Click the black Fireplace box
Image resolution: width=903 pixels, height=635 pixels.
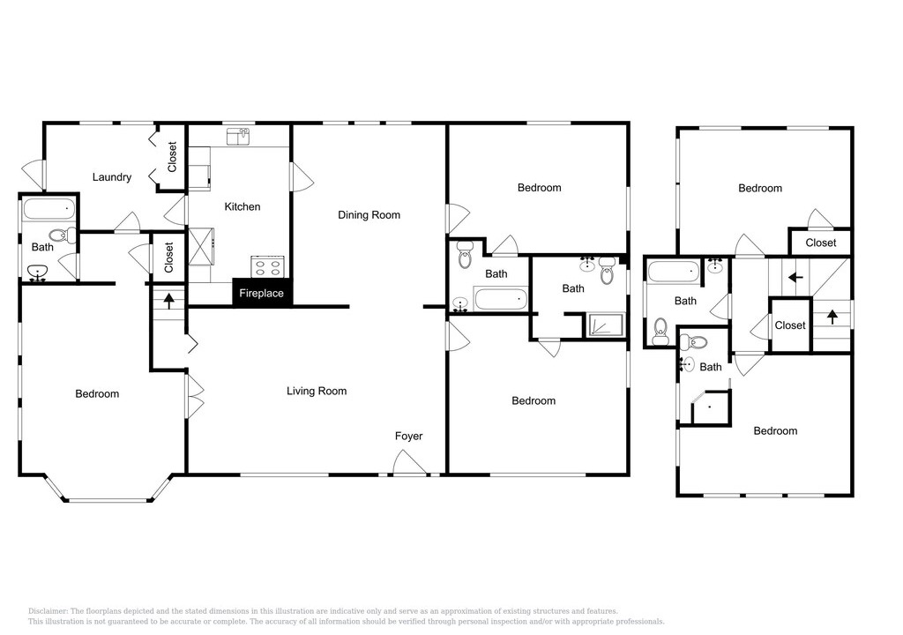coord(262,293)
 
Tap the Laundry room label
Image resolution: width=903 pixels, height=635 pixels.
coord(112,177)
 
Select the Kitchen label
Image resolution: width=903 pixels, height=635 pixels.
coord(242,206)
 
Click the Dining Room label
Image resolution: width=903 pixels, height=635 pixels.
coord(369,215)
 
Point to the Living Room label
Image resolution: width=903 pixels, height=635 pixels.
coord(317,392)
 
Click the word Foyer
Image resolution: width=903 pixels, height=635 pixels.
coord(409,437)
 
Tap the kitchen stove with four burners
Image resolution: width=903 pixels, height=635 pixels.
coord(268,267)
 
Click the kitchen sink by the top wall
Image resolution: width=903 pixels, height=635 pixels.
coord(238,137)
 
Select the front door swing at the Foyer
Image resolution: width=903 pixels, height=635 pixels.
coord(409,463)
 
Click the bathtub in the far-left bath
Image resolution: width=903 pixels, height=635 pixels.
coord(49,209)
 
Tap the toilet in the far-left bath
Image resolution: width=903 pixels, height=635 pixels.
coord(63,235)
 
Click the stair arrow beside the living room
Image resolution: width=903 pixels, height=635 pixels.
coord(168,301)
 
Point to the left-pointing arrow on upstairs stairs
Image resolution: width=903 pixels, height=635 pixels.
coord(795,278)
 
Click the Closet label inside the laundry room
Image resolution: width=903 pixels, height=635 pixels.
coord(172,157)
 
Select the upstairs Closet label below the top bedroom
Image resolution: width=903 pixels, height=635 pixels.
coord(821,243)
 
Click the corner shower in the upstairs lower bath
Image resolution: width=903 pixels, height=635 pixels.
coord(711,407)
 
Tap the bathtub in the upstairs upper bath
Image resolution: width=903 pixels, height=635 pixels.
coord(673,271)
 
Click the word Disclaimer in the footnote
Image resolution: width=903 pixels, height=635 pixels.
coord(49,611)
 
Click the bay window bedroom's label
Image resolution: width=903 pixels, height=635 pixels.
coord(97,394)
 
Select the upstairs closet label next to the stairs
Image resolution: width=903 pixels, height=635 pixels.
coord(789,325)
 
